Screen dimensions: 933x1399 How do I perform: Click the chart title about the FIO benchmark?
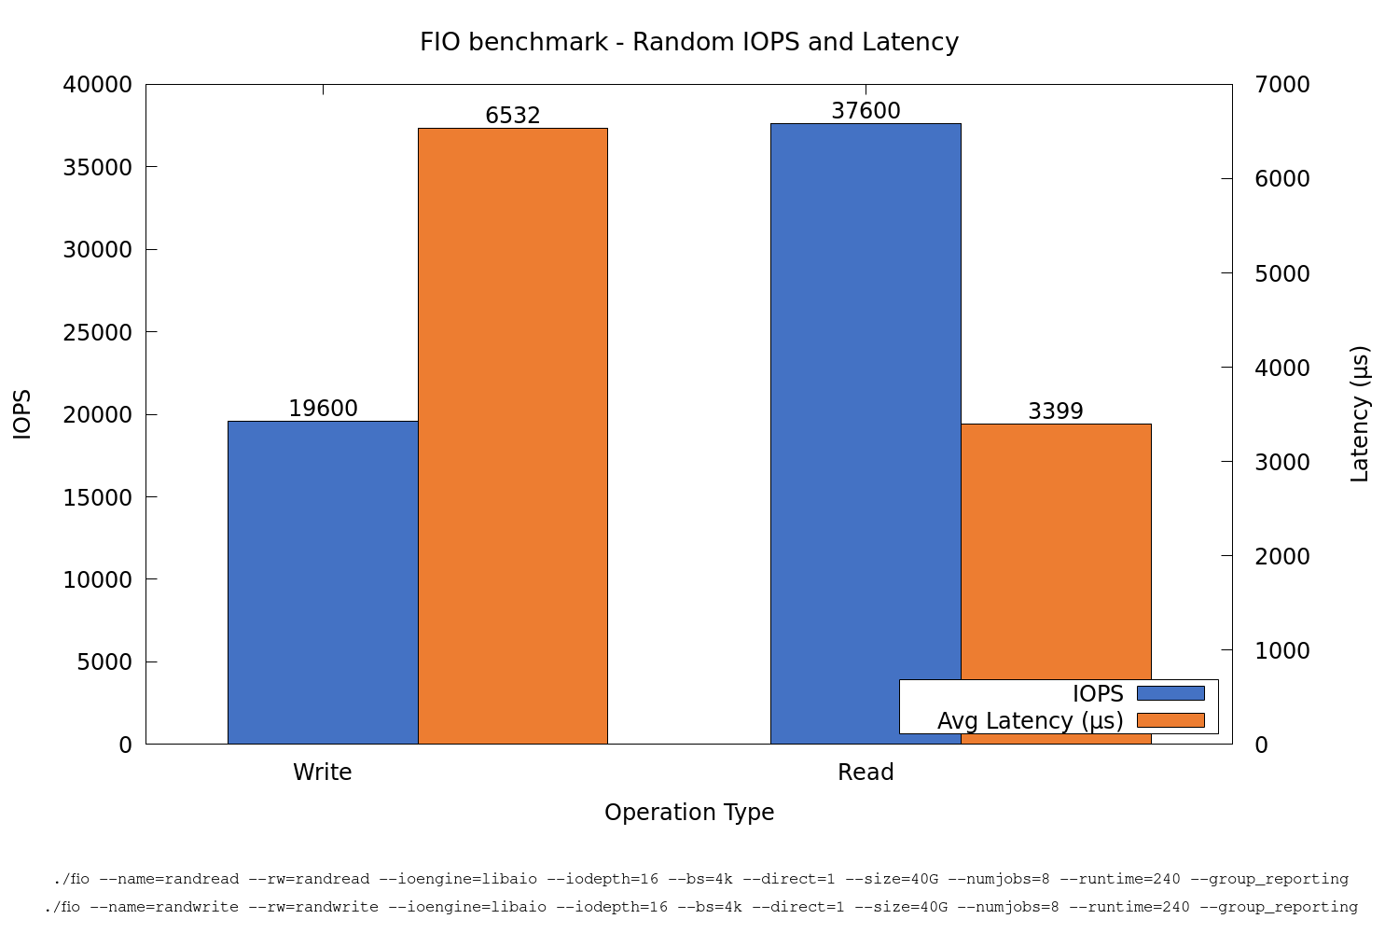689,43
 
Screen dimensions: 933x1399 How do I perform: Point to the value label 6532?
513,116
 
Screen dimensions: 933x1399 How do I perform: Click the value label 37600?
866,112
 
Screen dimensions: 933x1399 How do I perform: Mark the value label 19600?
323,409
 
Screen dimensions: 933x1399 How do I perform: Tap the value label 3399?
1056,411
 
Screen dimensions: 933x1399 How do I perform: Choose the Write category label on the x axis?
323,773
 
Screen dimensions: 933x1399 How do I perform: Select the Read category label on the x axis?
866,773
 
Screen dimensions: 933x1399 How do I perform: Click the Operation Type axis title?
689,813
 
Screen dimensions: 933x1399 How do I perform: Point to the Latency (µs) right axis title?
1360,414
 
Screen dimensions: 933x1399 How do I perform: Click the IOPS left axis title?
22,414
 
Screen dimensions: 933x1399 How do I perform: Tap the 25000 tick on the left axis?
98,332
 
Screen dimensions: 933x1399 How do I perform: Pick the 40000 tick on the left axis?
98,85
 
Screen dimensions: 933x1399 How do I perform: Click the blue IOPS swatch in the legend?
1170,693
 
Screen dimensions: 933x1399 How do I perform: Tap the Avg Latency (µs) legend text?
1030,721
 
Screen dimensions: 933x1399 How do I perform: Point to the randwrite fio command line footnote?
700,907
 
